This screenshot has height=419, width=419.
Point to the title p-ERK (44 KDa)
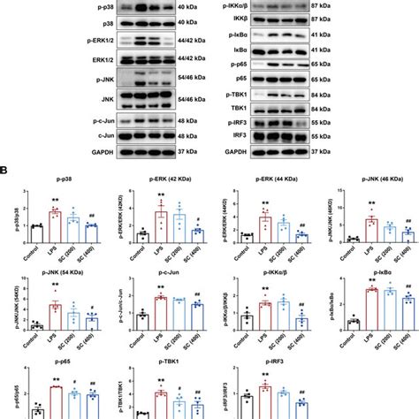[x=264, y=182]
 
